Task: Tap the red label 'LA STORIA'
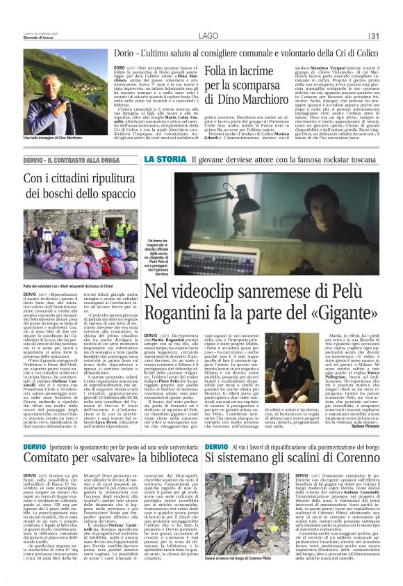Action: click(165, 159)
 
